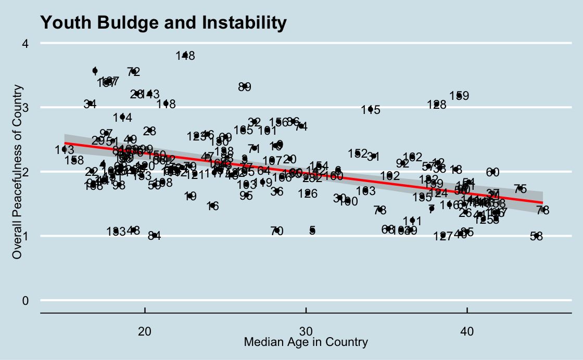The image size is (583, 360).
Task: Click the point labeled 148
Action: [185, 55]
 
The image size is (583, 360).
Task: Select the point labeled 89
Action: [245, 86]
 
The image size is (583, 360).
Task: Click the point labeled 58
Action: [537, 236]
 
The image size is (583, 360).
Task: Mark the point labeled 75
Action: [520, 189]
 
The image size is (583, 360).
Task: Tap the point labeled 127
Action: [443, 236]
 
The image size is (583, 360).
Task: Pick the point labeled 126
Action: [308, 193]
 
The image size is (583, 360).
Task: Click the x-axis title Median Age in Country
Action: [306, 342]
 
